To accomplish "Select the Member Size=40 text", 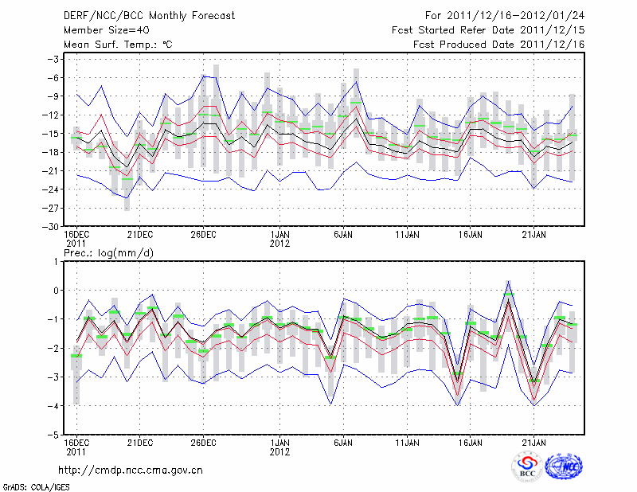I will [99, 30].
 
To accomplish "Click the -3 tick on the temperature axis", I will [53, 59].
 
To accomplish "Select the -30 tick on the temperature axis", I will [50, 226].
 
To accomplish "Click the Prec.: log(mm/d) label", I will [108, 252].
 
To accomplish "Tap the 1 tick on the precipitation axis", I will [57, 261].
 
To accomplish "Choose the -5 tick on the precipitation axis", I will [54, 435].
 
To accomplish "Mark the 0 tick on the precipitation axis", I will [57, 290].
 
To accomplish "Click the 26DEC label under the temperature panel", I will [203, 235].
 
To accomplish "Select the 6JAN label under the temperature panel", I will [343, 235].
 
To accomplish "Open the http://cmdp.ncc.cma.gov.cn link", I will [131, 470].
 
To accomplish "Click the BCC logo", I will [527, 466].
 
